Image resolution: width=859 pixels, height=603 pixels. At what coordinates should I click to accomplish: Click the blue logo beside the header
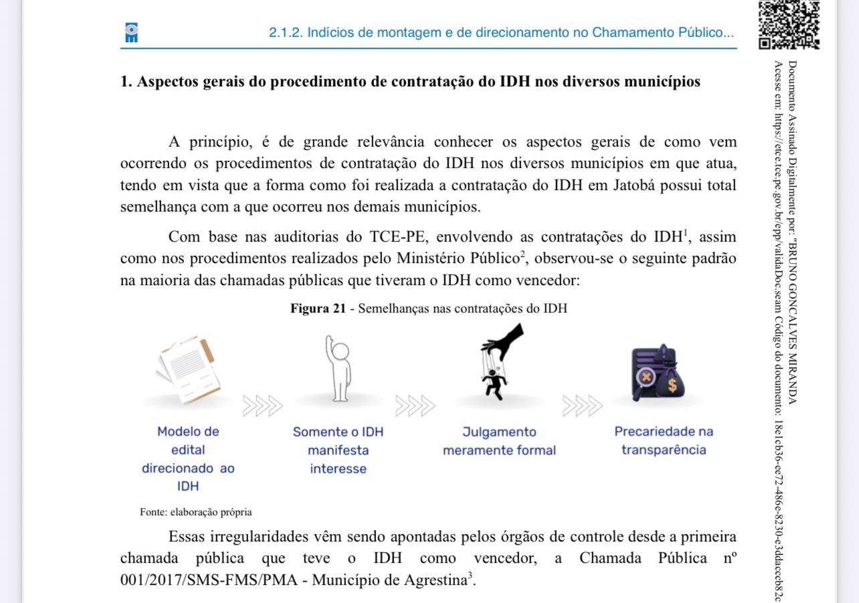(131, 33)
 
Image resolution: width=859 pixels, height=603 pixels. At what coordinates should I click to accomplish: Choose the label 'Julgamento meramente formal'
(499, 441)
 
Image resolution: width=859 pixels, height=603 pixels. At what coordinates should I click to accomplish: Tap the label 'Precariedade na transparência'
(663, 440)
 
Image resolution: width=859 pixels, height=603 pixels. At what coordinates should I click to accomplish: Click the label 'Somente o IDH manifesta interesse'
(338, 450)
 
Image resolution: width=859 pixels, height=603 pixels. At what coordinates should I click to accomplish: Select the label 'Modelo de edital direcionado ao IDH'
(188, 458)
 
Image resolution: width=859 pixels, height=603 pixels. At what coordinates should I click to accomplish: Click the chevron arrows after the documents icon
(263, 406)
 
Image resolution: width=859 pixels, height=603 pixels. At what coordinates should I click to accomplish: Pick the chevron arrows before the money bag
(582, 406)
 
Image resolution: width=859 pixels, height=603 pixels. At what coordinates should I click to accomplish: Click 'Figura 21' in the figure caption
(318, 309)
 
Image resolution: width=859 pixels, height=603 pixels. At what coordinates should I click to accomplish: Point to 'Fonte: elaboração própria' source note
(196, 512)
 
